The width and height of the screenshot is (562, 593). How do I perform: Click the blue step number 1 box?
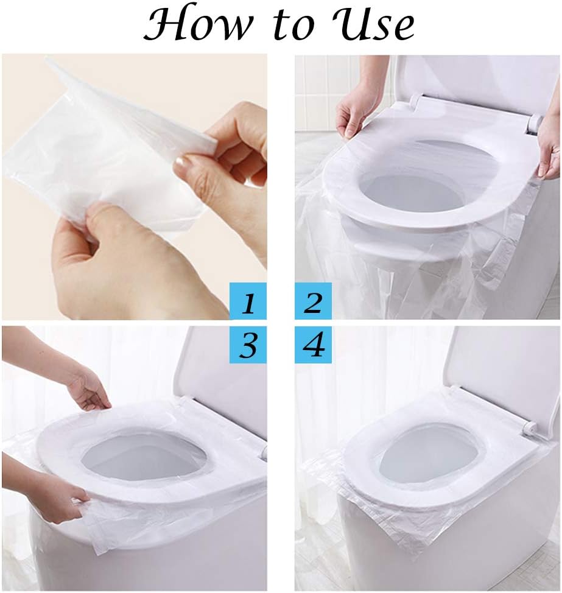248,301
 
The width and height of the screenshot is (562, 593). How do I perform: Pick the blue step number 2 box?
313,301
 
